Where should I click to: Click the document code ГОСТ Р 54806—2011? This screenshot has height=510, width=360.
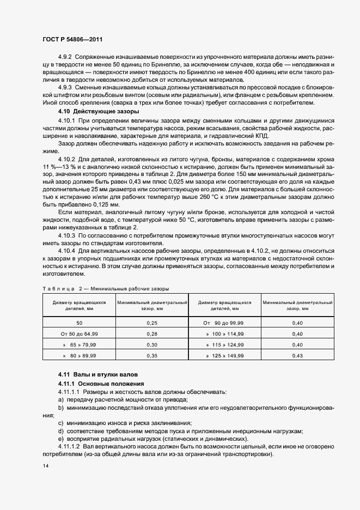tap(72, 40)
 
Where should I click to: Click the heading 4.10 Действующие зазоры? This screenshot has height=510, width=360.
tap(90, 111)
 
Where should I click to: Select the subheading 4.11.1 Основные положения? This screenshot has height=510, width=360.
tap(93, 384)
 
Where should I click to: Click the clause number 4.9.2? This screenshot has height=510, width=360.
tap(65, 57)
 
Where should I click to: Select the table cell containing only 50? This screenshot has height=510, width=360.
tap(80, 323)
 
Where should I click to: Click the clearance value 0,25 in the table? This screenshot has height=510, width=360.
tap(152, 323)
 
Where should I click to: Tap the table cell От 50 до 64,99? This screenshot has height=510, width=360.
tap(80, 333)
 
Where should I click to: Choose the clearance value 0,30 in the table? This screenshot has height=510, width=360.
tap(152, 344)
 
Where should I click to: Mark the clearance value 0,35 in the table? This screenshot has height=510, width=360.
tap(152, 355)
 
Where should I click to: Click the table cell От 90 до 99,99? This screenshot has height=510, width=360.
tap(225, 323)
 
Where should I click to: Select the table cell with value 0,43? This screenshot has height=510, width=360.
tap(297, 355)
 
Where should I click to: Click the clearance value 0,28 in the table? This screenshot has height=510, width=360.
tap(152, 333)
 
